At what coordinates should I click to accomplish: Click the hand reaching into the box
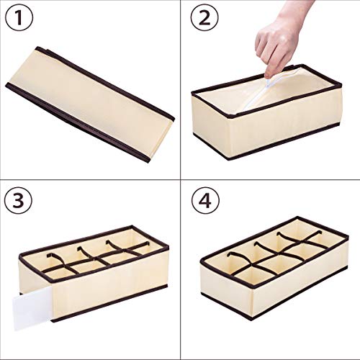point(285,40)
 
